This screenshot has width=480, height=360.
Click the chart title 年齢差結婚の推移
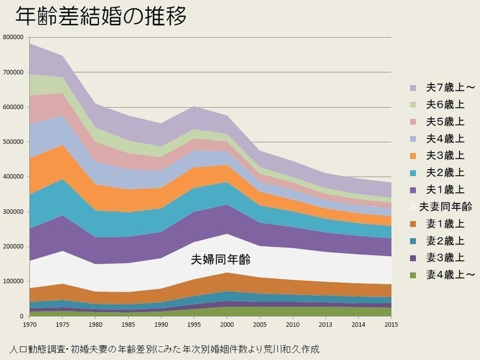click(100, 16)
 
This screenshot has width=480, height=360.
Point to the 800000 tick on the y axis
click(13, 37)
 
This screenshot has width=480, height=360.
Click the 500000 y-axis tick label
click(13, 142)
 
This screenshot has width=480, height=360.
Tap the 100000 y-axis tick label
click(13, 281)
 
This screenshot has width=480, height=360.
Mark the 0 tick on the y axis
click(21, 316)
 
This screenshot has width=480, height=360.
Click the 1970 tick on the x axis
click(29, 325)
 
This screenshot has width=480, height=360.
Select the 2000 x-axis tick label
click(227, 325)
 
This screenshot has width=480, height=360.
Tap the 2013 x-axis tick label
click(325, 325)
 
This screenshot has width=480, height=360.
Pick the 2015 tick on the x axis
click(391, 325)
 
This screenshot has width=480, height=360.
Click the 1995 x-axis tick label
click(194, 325)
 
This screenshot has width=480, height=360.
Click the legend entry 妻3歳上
click(442, 258)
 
